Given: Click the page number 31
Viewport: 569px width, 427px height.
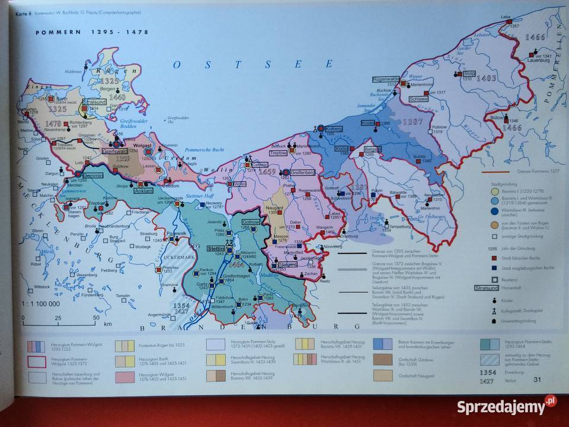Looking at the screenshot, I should tap(538, 380).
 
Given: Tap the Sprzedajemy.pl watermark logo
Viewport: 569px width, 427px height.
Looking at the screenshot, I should tap(507, 407).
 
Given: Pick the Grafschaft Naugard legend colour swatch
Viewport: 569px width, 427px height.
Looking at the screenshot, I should tap(383, 375).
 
